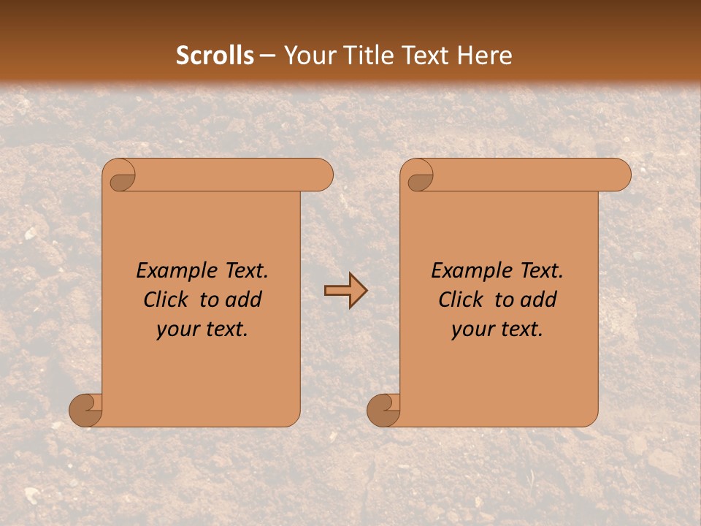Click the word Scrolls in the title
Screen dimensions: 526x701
click(215, 56)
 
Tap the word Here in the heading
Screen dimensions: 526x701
click(484, 56)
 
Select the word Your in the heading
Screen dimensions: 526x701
click(307, 56)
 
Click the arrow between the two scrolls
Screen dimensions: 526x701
click(345, 291)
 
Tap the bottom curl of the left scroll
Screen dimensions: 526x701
click(85, 410)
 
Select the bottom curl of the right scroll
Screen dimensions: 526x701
click(383, 410)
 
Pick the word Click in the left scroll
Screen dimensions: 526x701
click(165, 300)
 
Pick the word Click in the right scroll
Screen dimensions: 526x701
click(460, 300)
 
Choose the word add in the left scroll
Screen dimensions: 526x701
click(245, 300)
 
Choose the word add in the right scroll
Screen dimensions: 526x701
click(540, 300)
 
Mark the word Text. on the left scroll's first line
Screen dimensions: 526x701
click(243, 271)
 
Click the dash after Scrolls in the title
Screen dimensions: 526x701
click(267, 56)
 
